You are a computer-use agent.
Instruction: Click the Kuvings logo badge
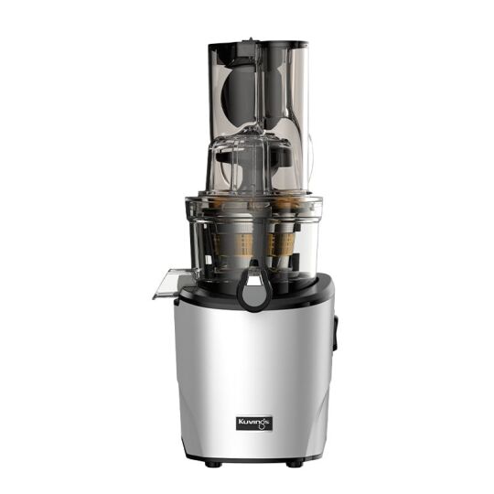253,422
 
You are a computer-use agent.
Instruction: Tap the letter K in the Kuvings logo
241,422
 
